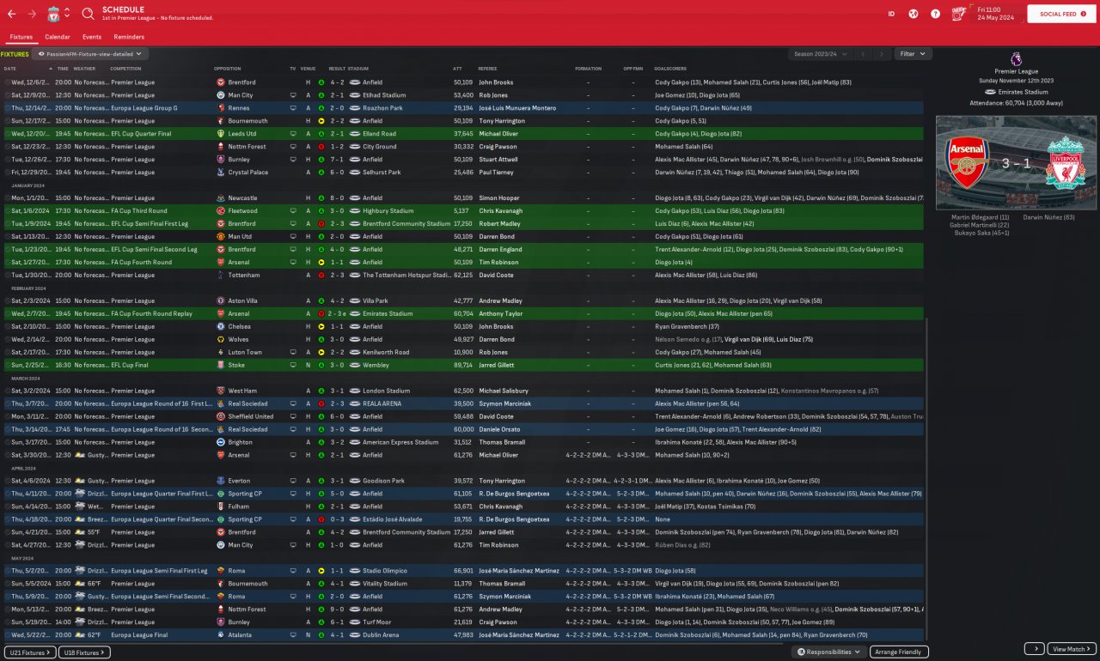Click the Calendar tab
(x=58, y=37)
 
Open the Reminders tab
(x=129, y=37)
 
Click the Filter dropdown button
(x=913, y=54)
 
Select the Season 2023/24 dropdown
(x=820, y=54)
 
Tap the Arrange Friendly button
(x=900, y=652)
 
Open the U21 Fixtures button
(x=30, y=652)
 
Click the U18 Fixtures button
(x=86, y=652)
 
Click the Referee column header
(x=487, y=68)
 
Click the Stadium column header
(x=358, y=68)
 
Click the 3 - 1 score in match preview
(x=1016, y=161)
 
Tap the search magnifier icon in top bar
(x=89, y=14)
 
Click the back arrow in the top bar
(x=12, y=14)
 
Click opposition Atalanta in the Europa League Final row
(x=240, y=635)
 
